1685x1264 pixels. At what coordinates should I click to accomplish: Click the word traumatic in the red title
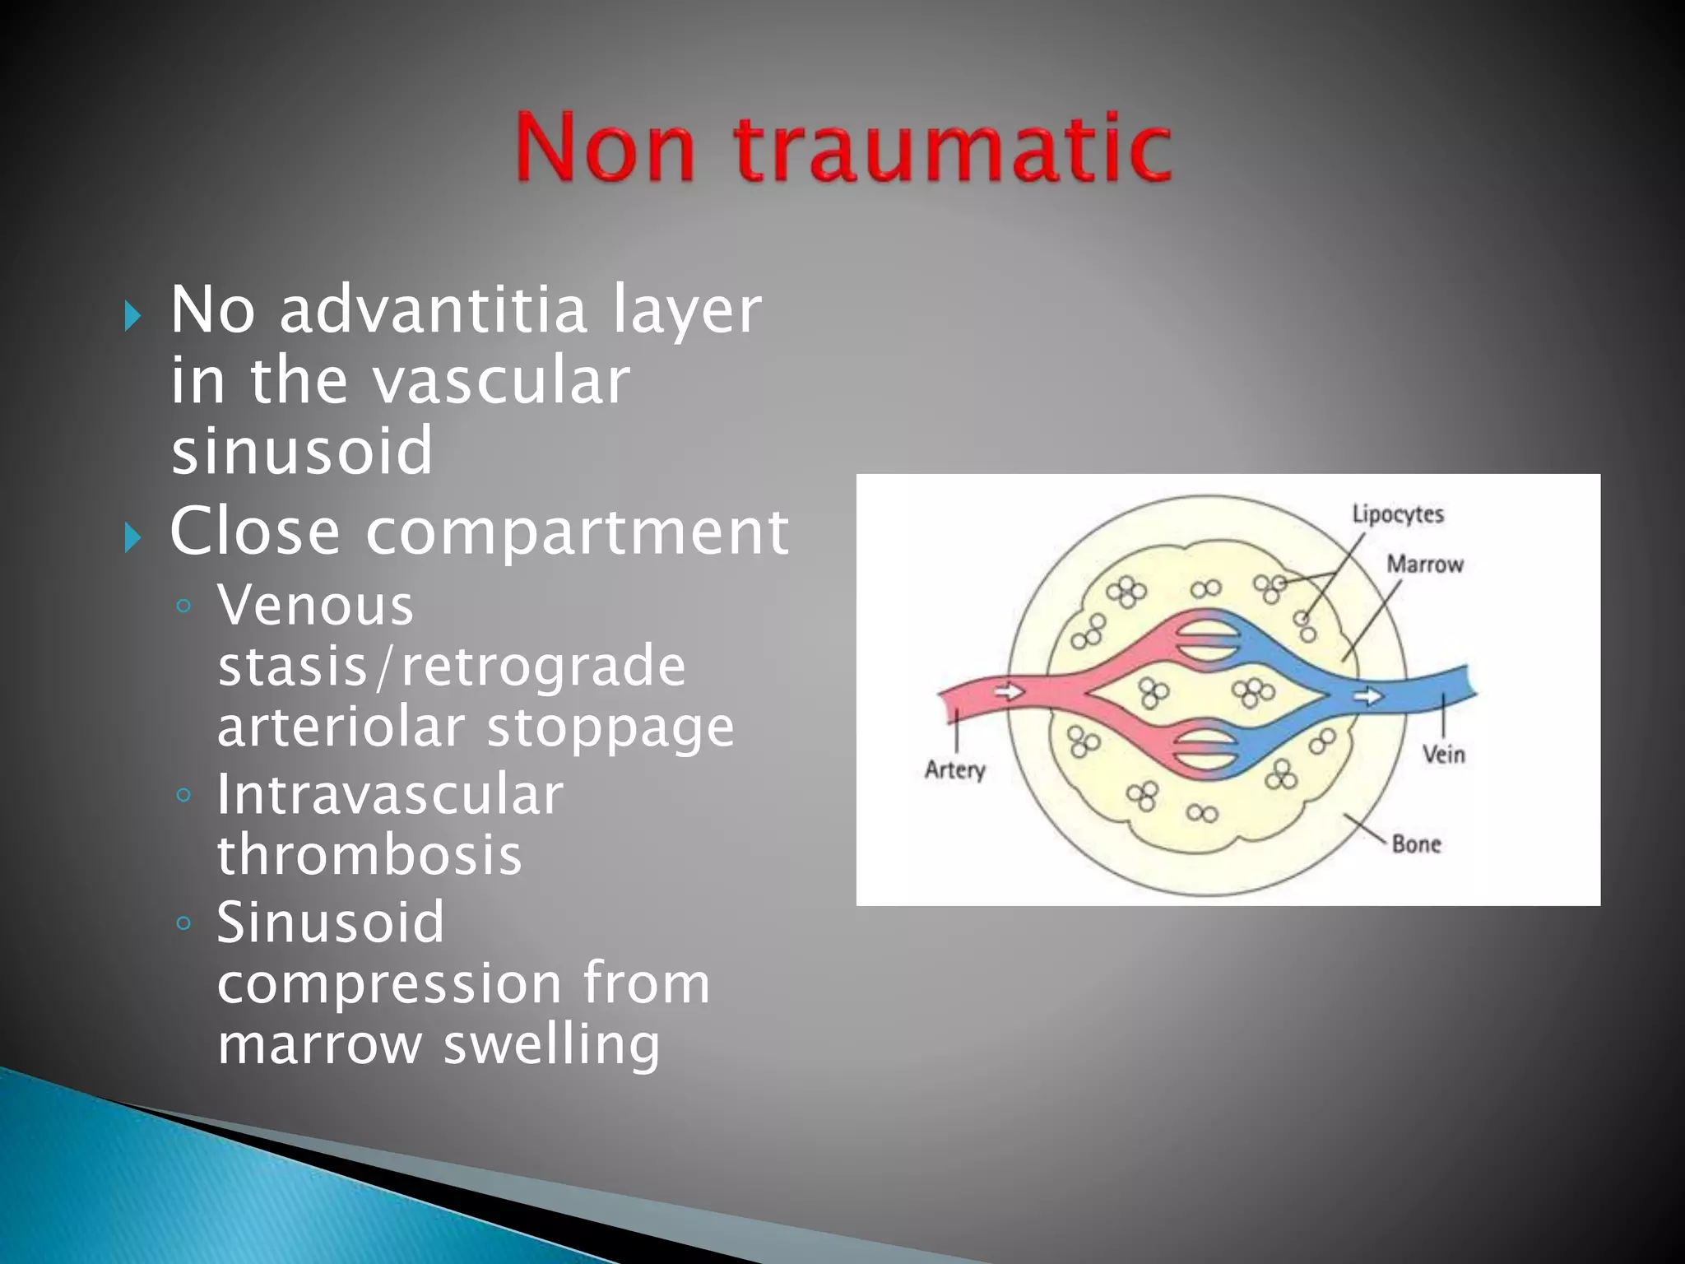(x=953, y=148)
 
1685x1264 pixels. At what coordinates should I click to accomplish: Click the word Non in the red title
(x=606, y=148)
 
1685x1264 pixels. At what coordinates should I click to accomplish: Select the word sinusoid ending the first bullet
(x=301, y=451)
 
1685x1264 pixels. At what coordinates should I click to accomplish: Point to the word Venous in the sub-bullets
(x=315, y=606)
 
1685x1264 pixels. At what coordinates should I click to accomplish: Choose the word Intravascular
(x=390, y=795)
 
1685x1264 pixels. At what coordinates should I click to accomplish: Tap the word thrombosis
(x=369, y=855)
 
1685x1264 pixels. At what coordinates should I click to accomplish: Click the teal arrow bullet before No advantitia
(x=132, y=316)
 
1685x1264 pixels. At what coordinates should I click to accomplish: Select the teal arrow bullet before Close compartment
(x=132, y=538)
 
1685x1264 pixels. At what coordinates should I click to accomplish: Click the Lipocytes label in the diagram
(x=1397, y=515)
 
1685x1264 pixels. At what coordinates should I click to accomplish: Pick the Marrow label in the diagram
(x=1424, y=565)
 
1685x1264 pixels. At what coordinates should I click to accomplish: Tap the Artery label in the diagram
(x=954, y=770)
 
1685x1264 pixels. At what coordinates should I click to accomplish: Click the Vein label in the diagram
(x=1443, y=754)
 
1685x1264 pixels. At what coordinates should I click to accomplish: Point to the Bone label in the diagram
(x=1415, y=844)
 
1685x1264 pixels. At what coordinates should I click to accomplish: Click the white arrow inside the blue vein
(x=1368, y=696)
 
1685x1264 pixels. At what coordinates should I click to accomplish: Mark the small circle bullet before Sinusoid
(x=183, y=922)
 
